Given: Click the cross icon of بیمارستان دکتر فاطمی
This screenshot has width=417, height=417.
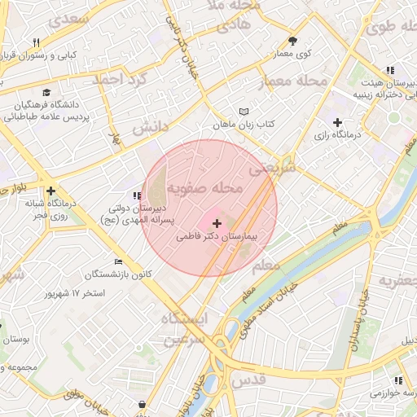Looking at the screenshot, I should tap(217, 222).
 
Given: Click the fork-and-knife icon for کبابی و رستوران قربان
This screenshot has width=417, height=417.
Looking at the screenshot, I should tap(37, 42).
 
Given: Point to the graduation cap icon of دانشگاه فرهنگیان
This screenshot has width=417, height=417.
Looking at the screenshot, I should tap(46, 93).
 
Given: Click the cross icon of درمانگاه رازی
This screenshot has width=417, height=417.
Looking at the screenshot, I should tap(337, 121).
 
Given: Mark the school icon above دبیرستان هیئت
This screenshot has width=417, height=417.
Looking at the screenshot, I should tap(390, 71).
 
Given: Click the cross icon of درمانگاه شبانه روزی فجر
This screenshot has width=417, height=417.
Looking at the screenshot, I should tap(50, 191).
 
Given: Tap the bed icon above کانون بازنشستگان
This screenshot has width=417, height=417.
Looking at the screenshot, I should tap(119, 261).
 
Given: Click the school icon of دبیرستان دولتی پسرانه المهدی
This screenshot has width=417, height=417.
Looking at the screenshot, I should tap(137, 196).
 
